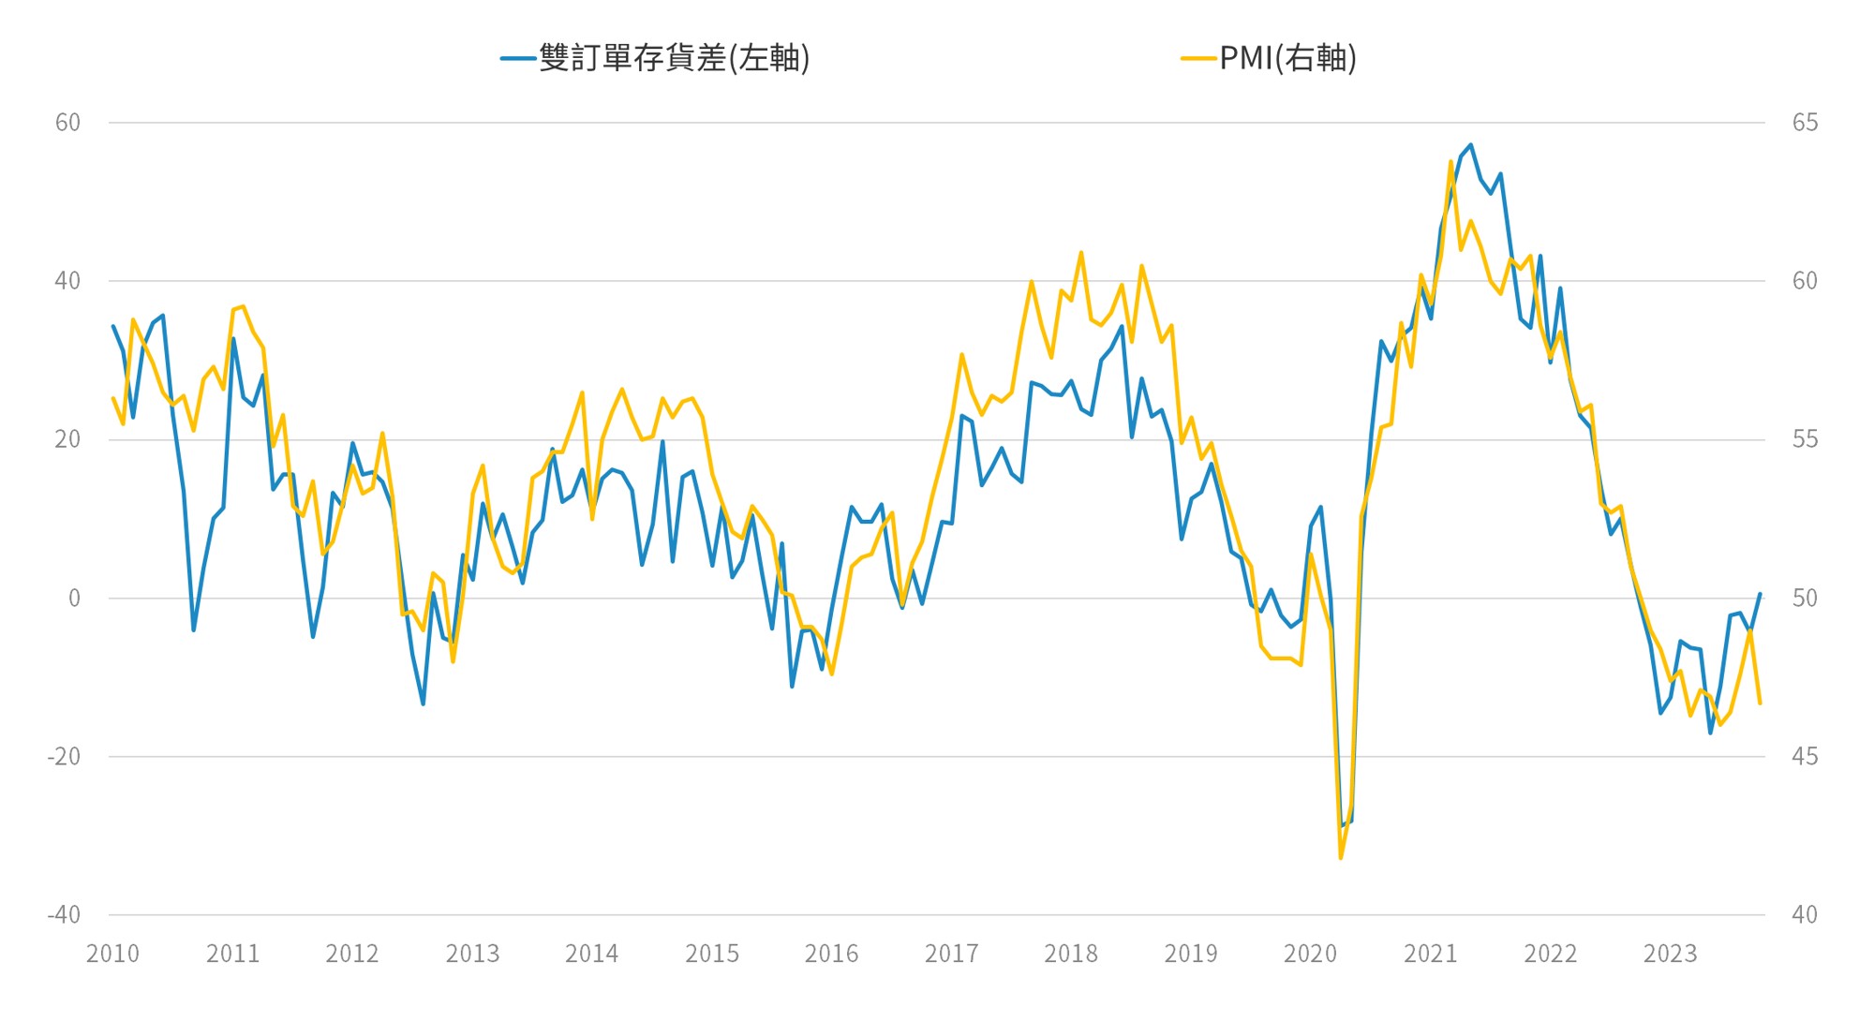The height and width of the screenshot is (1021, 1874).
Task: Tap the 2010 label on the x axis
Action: point(112,954)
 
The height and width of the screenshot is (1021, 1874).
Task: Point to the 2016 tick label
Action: point(831,954)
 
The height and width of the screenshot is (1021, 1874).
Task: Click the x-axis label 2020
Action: point(1310,954)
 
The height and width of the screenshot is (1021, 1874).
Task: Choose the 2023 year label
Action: point(1670,954)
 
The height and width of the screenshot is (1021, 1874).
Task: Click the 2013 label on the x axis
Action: point(472,954)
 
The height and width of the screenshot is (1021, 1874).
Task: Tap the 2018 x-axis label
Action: point(1071,954)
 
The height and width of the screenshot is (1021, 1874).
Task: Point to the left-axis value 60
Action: point(67,123)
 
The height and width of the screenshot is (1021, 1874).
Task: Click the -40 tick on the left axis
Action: point(64,914)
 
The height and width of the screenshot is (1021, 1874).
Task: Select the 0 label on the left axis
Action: point(74,598)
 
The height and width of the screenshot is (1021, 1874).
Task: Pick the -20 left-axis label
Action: point(64,756)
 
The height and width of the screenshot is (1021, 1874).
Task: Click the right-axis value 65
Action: point(1805,123)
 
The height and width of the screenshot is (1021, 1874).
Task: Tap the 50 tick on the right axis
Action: point(1805,598)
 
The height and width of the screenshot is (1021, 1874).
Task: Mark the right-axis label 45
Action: point(1805,756)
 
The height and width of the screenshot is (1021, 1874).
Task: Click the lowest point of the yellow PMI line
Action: point(1341,857)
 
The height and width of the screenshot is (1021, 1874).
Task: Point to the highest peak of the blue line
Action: point(1471,145)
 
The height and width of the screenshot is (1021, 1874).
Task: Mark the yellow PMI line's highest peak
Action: point(1450,161)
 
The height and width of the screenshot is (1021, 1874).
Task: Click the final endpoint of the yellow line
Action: point(1761,703)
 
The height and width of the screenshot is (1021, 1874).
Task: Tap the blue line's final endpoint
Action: point(1761,594)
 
